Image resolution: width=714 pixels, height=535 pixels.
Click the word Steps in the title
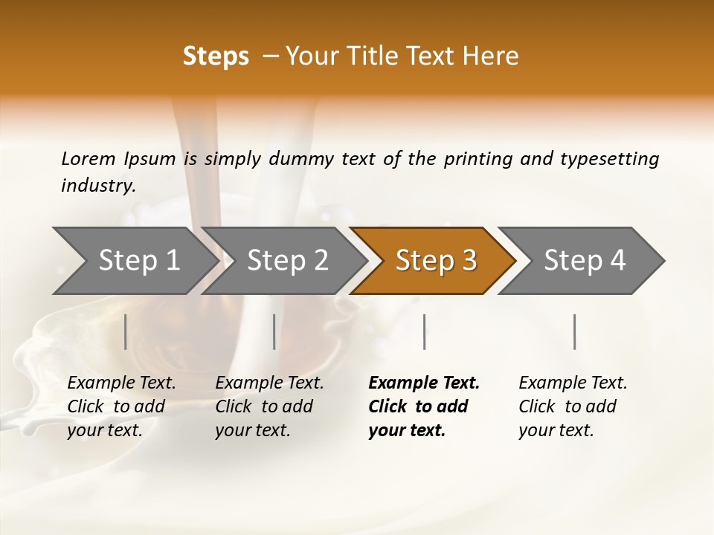pyautogui.click(x=216, y=56)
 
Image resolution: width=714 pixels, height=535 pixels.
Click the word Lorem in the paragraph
pyautogui.click(x=89, y=158)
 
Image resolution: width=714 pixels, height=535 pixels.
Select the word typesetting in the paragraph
pyautogui.click(x=609, y=158)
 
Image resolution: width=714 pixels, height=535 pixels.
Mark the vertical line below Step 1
pyautogui.click(x=126, y=331)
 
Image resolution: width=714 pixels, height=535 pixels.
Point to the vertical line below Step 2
pyautogui.click(x=274, y=331)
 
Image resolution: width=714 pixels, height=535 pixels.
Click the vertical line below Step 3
pyautogui.click(x=424, y=331)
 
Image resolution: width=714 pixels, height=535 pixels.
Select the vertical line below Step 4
pyautogui.click(x=574, y=331)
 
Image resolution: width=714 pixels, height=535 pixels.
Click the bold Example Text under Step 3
pyautogui.click(x=424, y=383)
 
